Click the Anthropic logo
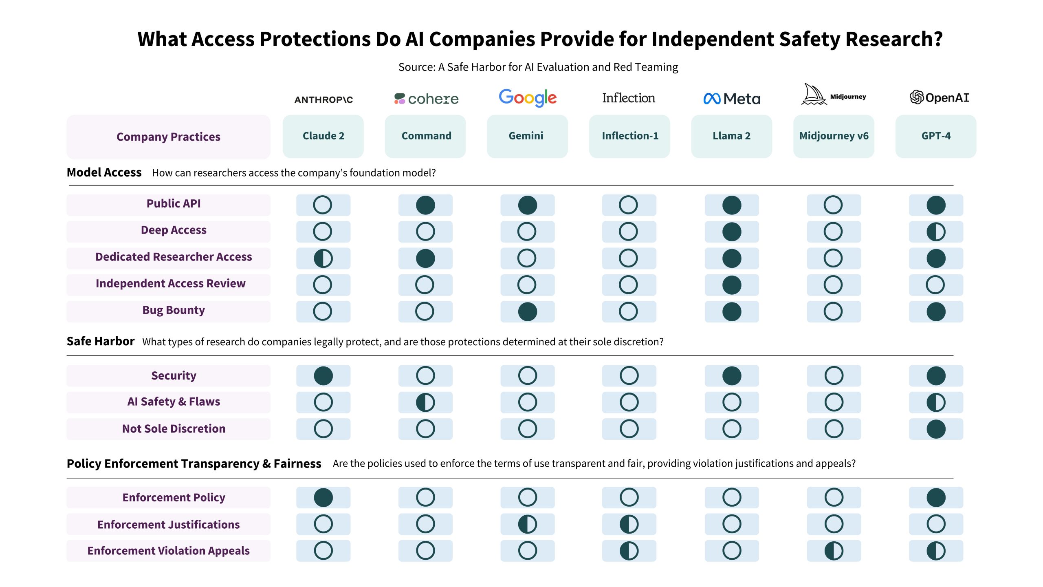(x=323, y=99)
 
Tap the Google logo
(x=528, y=98)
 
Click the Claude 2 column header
(x=323, y=136)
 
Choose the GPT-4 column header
(x=936, y=136)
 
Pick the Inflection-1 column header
(x=629, y=136)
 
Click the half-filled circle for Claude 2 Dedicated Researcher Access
(x=323, y=258)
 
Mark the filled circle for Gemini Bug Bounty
(x=528, y=312)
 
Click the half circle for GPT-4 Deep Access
(x=936, y=232)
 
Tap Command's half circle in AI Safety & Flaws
(x=425, y=402)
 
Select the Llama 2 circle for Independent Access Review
(x=732, y=285)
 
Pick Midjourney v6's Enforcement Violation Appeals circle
(x=834, y=551)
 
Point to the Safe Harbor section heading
(x=101, y=341)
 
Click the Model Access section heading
(x=104, y=172)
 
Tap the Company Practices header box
(x=169, y=137)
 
